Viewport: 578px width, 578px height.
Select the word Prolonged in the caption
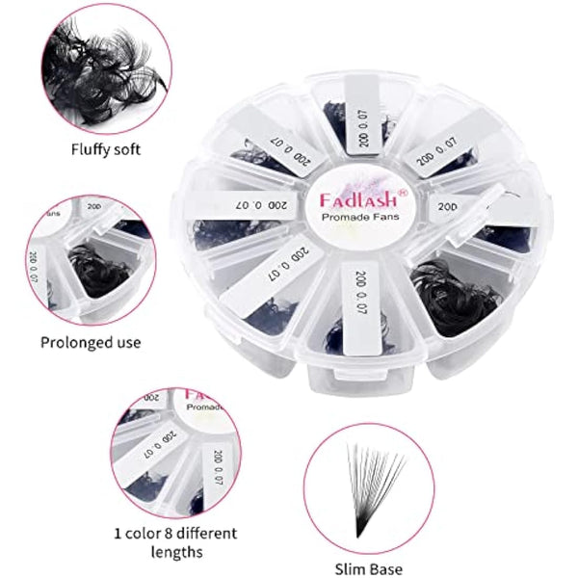pos(71,342)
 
